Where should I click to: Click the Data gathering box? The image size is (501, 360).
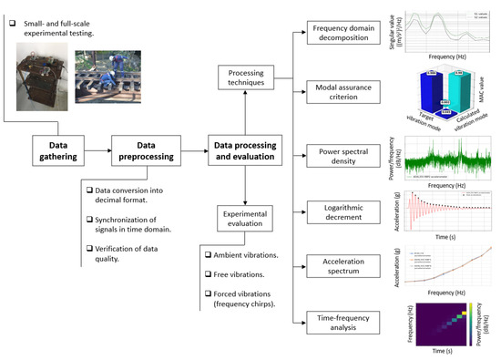[57, 150]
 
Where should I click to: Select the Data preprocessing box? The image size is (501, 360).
[144, 150]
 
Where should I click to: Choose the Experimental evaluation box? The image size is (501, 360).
[244, 219]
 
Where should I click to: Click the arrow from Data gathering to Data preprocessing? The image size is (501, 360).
[100, 150]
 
